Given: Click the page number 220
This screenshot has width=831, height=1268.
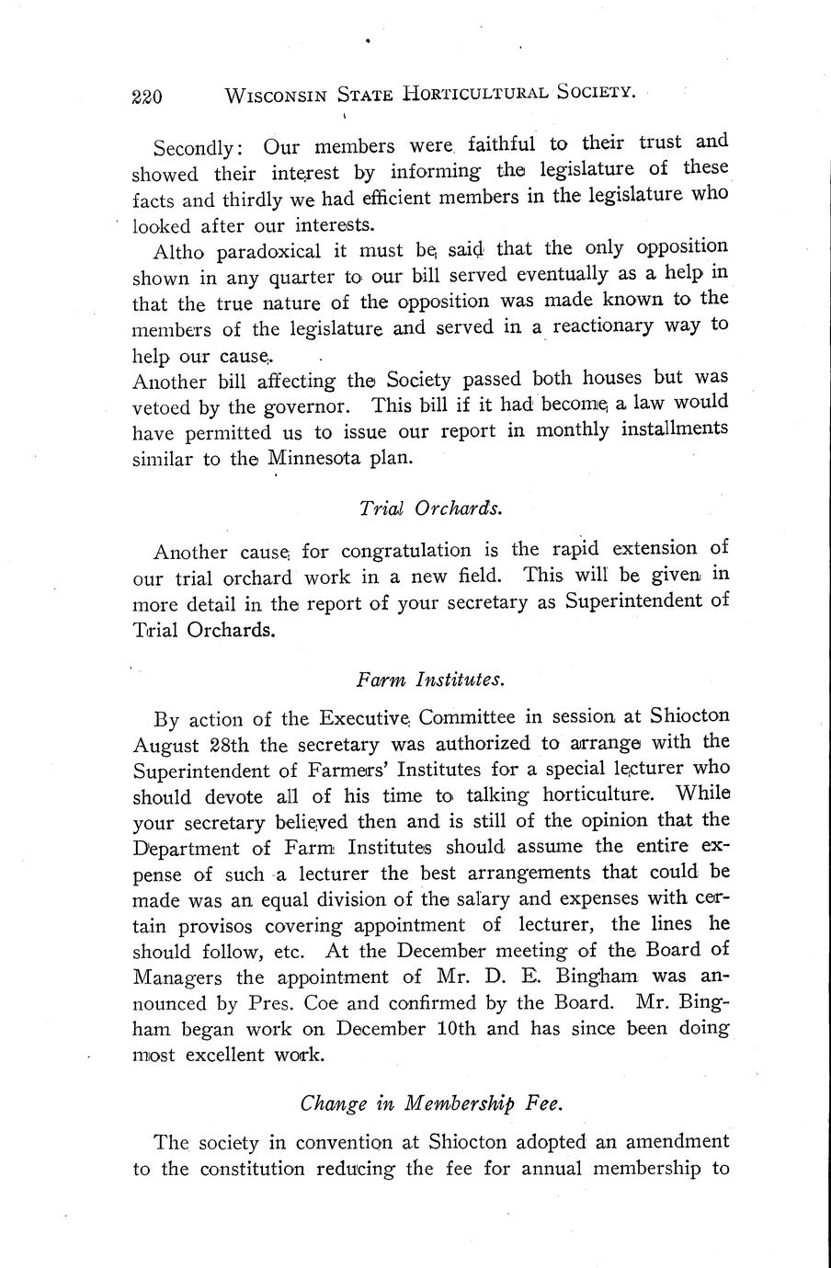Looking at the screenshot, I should pos(147,96).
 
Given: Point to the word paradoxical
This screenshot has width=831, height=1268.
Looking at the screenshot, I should pos(256,251).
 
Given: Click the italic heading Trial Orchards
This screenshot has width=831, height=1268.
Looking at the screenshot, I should pos(430,508).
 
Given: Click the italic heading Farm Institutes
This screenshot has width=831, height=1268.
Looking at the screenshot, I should pos(429,680).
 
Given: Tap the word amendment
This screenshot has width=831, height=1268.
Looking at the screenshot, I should pos(678,1142).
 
